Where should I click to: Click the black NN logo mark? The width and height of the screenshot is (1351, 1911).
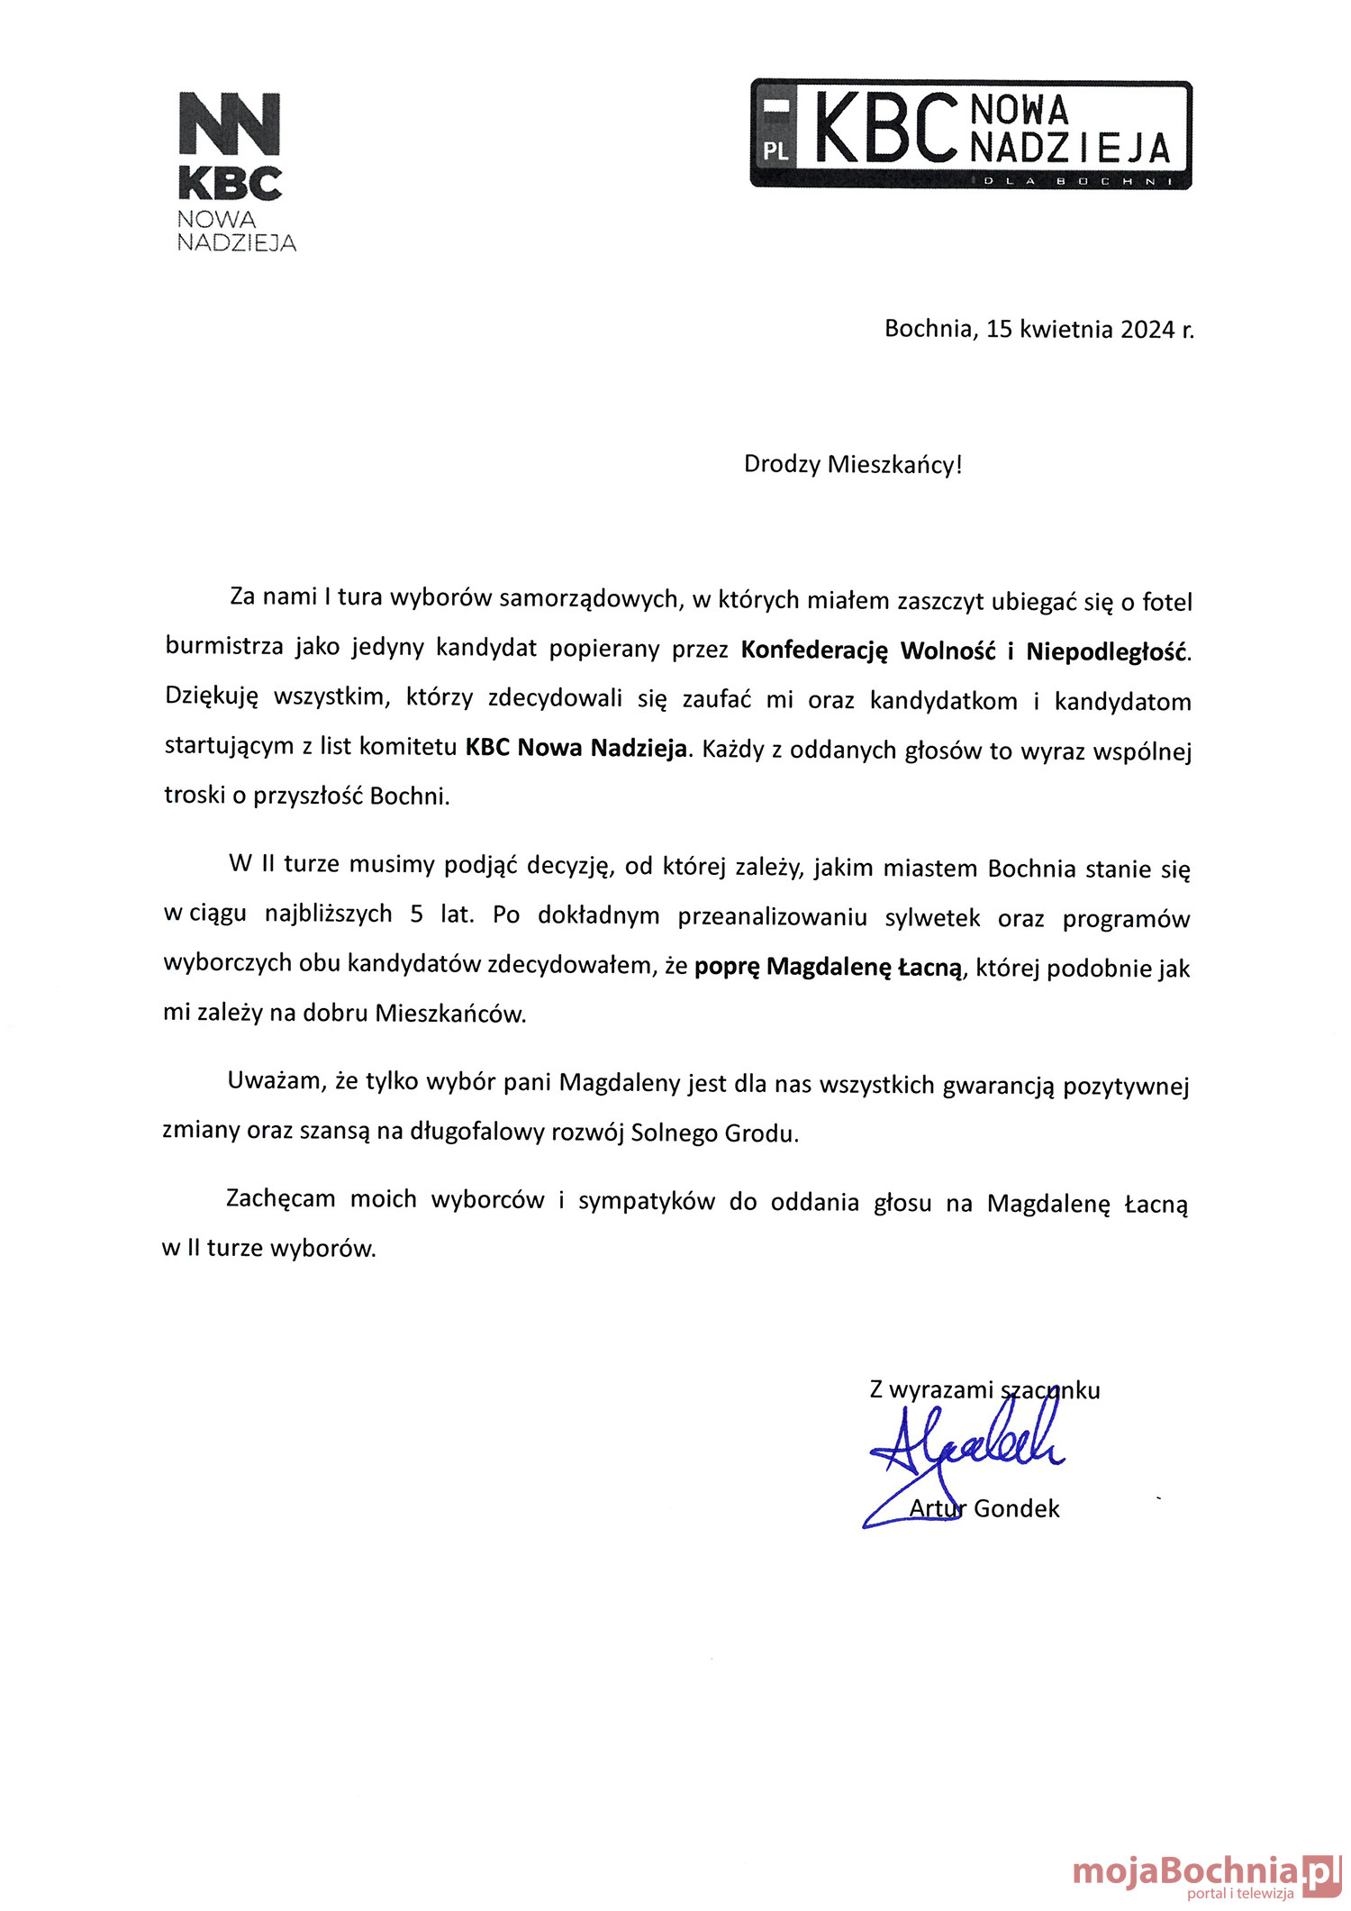(230, 123)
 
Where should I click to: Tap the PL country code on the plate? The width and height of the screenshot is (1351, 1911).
(775, 151)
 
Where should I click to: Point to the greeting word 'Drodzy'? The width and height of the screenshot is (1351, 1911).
(782, 465)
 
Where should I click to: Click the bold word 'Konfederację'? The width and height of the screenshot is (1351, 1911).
(814, 651)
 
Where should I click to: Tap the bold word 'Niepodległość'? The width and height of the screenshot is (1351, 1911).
(1107, 651)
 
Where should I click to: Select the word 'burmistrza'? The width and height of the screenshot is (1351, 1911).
(223, 647)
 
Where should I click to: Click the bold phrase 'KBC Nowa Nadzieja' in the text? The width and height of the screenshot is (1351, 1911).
(576, 748)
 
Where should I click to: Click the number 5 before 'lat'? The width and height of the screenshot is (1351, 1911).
(416, 915)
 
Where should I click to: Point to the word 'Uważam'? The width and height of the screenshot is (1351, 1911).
(275, 1081)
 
